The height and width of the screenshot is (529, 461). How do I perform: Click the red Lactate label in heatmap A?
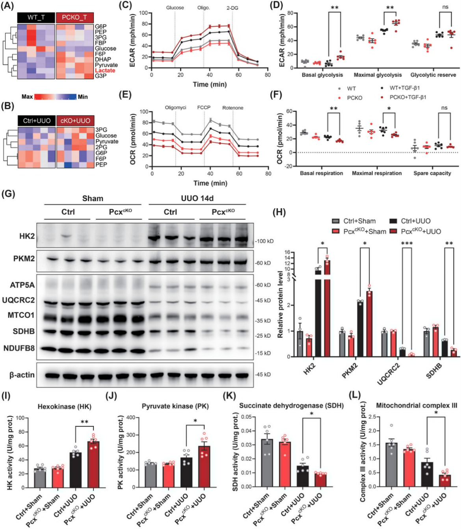(105, 70)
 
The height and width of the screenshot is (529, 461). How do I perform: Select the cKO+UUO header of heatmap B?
(75, 121)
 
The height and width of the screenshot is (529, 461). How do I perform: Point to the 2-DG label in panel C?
(232, 8)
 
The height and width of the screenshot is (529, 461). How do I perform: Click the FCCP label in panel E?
(204, 107)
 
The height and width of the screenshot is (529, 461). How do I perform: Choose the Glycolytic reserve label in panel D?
(433, 75)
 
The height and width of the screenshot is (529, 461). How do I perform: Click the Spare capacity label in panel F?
(432, 173)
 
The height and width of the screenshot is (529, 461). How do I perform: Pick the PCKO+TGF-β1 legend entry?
(408, 97)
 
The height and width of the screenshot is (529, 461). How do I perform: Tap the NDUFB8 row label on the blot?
(19, 348)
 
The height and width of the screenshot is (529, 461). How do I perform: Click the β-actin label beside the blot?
(22, 375)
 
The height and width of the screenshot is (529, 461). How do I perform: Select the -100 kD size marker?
(264, 241)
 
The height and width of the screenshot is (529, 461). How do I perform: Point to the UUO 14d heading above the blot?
(197, 198)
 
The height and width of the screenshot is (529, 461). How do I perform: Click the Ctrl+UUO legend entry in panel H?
(416, 221)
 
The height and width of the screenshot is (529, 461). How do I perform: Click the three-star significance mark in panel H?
(407, 244)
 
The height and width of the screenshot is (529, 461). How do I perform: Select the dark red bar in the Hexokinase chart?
(93, 464)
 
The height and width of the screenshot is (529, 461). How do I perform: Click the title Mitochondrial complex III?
(416, 405)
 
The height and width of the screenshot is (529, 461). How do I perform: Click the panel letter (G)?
(8, 193)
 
